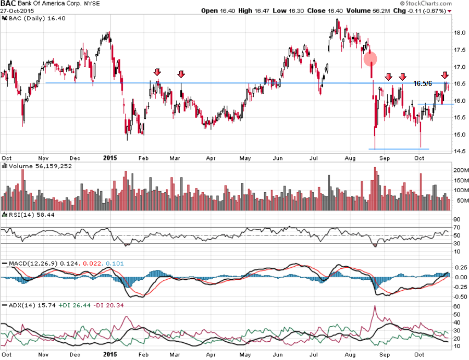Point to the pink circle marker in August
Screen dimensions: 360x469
pos(370,58)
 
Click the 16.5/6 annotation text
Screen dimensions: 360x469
pos(423,83)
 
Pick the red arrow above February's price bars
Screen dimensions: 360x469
pos(157,73)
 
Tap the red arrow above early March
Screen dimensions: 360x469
pos(181,74)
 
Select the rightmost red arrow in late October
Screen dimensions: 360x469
pos(445,76)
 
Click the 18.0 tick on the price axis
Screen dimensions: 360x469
pos(459,33)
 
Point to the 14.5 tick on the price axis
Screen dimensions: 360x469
pos(459,152)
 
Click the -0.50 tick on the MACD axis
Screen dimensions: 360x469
pos(459,297)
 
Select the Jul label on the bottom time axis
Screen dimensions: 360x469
pos(314,354)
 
